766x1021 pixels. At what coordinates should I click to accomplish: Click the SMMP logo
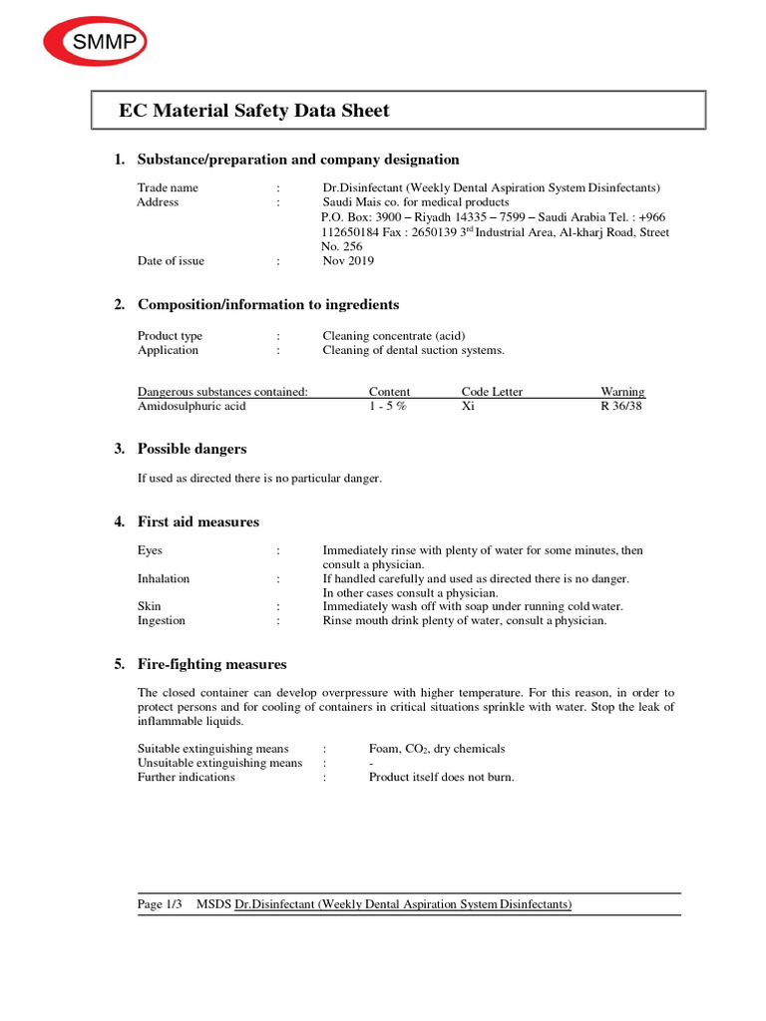tap(95, 42)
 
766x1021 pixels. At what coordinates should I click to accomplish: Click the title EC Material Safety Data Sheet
tap(254, 111)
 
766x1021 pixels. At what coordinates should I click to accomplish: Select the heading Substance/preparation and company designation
tap(298, 160)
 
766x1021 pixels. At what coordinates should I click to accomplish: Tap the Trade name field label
tap(168, 187)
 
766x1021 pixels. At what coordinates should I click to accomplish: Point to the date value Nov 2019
tap(349, 261)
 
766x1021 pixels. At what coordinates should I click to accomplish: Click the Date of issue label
tap(171, 261)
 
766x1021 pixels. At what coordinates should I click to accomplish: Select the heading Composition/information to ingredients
tap(268, 305)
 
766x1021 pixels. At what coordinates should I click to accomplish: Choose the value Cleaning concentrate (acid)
tap(394, 336)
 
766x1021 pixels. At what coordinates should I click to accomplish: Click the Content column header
tap(389, 392)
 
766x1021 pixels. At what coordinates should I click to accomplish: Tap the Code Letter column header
tap(492, 392)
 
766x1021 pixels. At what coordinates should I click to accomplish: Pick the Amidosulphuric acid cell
tap(191, 407)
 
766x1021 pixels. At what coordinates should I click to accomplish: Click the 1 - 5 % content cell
tap(388, 407)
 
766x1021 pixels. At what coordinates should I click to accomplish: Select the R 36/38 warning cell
tap(621, 407)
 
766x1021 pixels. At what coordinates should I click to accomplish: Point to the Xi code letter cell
tap(468, 407)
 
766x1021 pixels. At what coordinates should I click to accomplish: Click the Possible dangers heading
tap(191, 450)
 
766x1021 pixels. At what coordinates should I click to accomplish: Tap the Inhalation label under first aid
tap(164, 578)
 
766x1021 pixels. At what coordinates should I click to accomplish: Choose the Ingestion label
tap(162, 620)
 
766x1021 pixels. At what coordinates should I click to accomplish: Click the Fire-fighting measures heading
tap(211, 665)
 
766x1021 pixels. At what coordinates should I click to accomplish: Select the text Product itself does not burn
tap(442, 777)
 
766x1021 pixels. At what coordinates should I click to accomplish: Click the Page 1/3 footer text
tap(160, 904)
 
